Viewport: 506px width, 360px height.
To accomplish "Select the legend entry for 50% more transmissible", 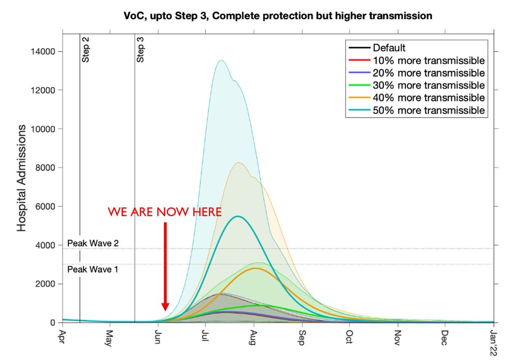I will click(428, 110).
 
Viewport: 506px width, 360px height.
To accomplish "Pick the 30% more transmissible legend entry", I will click(428, 85).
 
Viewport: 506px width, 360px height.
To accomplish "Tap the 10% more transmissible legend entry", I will click(428, 60).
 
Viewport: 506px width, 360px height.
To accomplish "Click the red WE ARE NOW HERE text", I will click(164, 212).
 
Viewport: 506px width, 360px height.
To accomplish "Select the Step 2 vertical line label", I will click(86, 50).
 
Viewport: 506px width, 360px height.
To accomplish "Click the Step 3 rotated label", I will click(140, 50).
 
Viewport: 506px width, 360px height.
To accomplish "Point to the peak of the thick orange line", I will click(255, 268).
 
